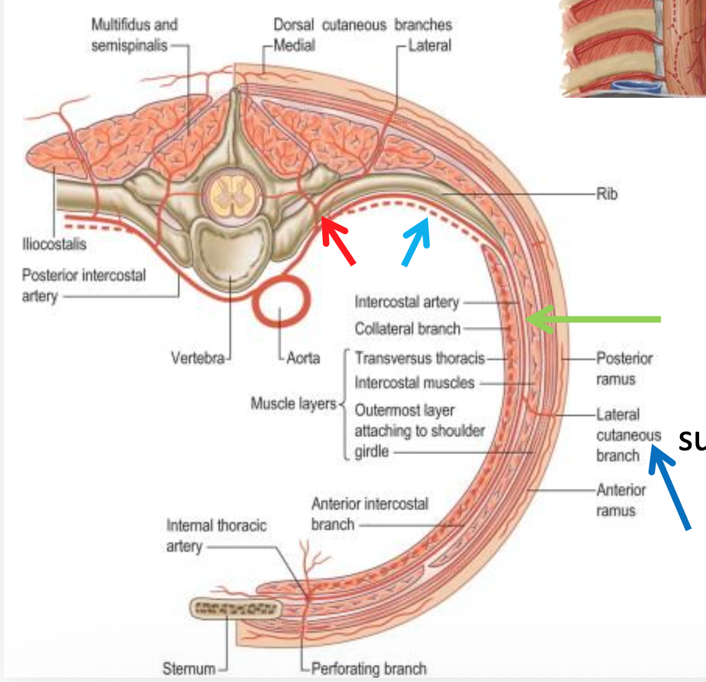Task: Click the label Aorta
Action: [303, 358]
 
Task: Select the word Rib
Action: [606, 194]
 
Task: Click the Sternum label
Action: [189, 668]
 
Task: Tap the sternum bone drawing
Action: [236, 609]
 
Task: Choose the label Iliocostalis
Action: [54, 244]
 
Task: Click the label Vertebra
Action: [197, 358]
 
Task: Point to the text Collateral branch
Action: [408, 329]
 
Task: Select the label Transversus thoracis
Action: [419, 358]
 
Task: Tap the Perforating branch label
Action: [369, 668]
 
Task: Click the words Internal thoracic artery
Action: [216, 536]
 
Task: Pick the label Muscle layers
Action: [293, 404]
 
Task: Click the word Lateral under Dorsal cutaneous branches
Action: [429, 45]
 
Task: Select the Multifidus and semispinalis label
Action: [134, 35]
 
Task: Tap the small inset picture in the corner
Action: [632, 48]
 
